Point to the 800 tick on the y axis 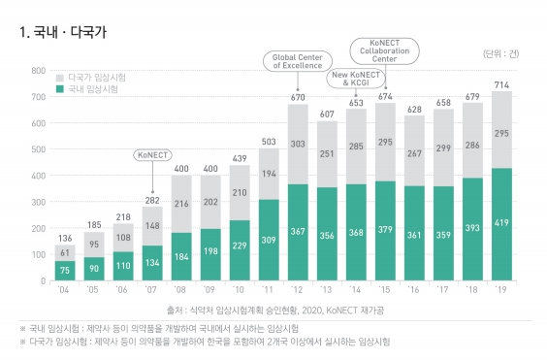[x=37, y=71]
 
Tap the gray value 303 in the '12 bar [x=298, y=143]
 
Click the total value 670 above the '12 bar [x=298, y=97]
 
